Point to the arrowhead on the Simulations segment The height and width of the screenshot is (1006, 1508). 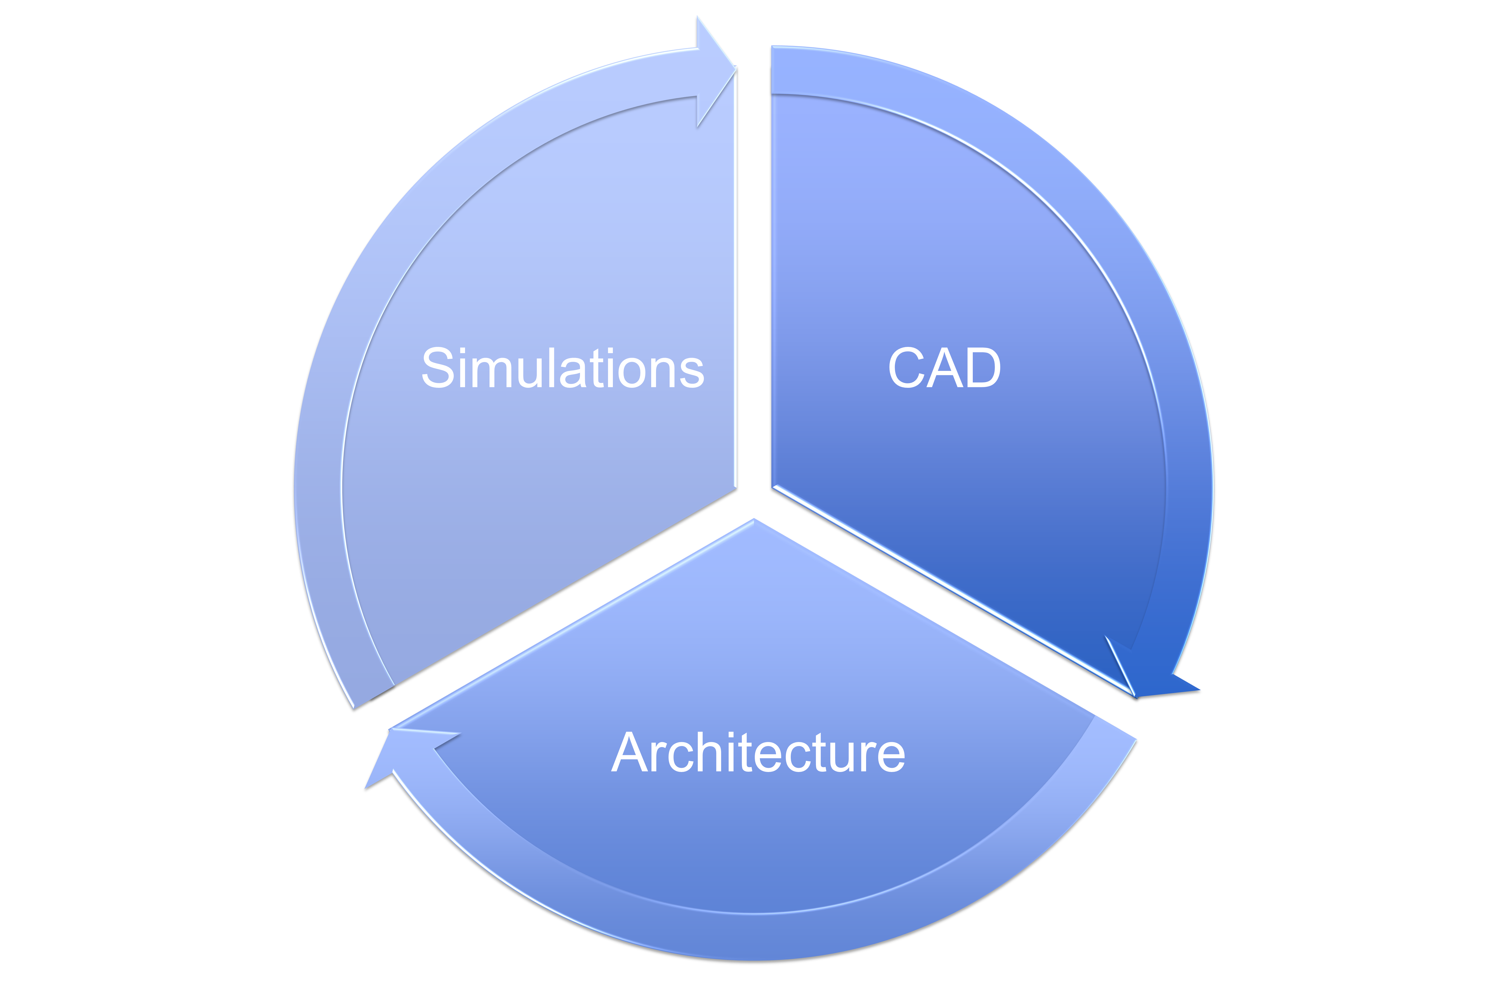click(715, 70)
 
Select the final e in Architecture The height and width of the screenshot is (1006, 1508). click(890, 757)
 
